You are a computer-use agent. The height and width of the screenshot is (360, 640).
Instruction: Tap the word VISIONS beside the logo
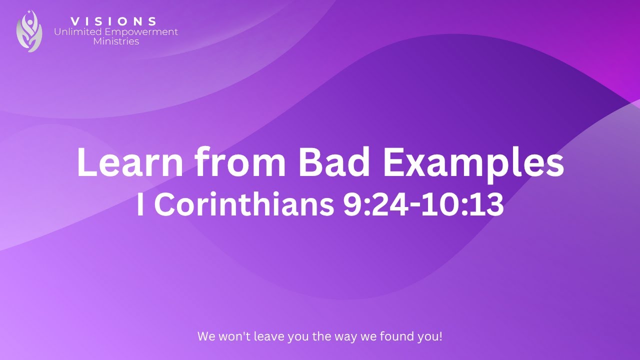[114, 21]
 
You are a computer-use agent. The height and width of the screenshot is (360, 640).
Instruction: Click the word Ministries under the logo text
[116, 41]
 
